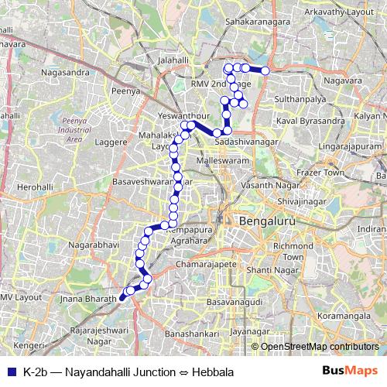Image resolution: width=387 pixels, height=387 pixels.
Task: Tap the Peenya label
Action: tap(125, 91)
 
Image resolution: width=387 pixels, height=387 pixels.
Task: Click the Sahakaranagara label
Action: tap(259, 22)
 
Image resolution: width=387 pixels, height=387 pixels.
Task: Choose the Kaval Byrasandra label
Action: tap(310, 122)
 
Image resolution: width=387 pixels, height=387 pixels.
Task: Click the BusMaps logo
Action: tap(351, 372)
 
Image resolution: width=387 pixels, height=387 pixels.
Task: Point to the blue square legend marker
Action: tap(10, 372)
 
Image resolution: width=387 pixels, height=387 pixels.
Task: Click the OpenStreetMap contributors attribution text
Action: tap(318, 346)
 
